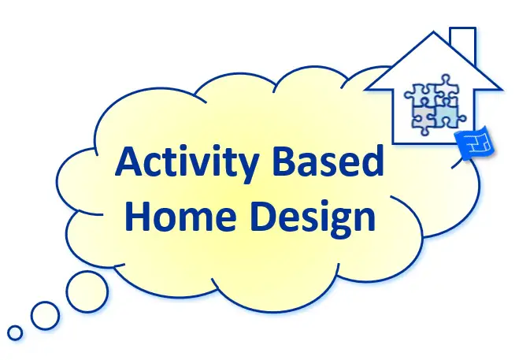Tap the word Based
[x=328, y=161]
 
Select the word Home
[x=180, y=216]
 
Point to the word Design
[x=313, y=219]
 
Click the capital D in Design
[x=265, y=216]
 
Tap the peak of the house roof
[x=434, y=32]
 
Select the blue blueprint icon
[x=474, y=143]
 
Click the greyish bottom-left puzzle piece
[x=423, y=119]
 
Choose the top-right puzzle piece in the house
[x=447, y=87]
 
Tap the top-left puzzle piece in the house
[x=418, y=95]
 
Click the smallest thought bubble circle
[x=15, y=333]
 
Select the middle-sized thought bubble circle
[x=46, y=315]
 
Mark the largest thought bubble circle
[x=87, y=291]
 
